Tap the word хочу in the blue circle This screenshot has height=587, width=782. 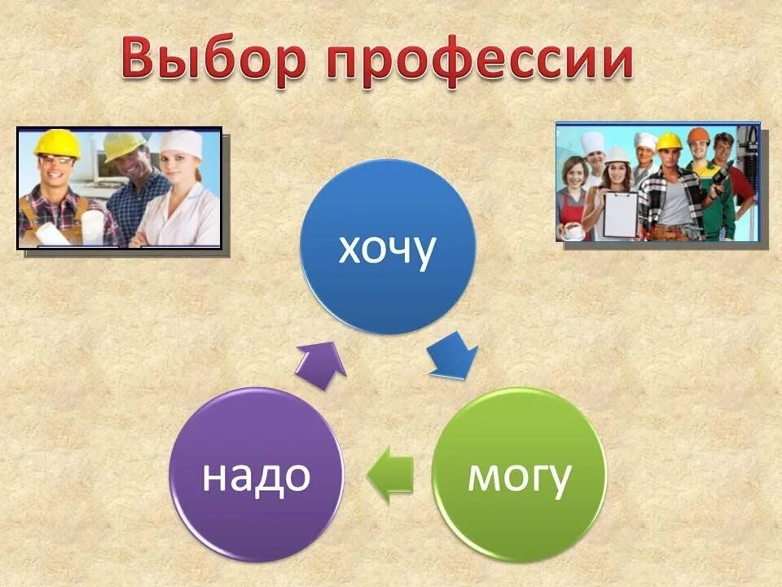coord(387,249)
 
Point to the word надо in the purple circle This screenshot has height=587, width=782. coord(256,476)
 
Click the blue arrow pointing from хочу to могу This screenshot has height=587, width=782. coord(453,357)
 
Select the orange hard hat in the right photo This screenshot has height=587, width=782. coord(698,135)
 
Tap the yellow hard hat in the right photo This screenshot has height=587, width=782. coord(669,141)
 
